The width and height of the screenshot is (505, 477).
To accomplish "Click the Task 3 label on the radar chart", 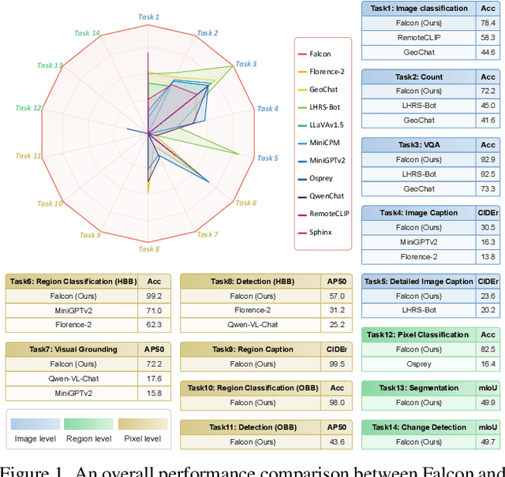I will (245, 64).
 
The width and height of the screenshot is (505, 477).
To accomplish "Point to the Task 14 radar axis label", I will (86, 33).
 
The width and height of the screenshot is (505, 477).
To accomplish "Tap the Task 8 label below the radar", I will (148, 249).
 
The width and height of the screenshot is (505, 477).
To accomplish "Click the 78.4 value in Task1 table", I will (488, 24).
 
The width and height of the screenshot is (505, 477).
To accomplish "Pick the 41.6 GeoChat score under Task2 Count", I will (488, 120).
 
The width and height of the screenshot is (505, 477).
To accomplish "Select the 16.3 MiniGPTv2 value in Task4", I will (488, 242).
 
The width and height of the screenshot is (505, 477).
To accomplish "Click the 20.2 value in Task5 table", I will (488, 310).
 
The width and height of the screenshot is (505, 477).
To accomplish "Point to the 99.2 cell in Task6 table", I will (153, 296).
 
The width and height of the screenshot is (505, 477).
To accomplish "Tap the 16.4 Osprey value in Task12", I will (488, 363).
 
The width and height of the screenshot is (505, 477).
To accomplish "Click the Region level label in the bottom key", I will (88, 438).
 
